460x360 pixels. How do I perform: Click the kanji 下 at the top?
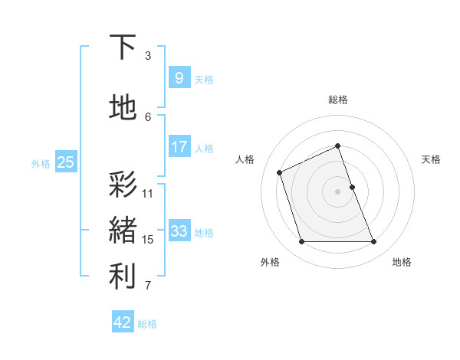pos(123,47)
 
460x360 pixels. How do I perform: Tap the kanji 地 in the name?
pos(123,107)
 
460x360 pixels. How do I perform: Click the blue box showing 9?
pos(179,77)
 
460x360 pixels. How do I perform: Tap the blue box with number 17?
pos(179,146)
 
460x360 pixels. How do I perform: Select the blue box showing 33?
pos(179,231)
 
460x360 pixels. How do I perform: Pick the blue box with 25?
pos(65,162)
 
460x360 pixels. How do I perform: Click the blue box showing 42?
pos(123,322)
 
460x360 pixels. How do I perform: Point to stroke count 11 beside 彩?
pos(148,193)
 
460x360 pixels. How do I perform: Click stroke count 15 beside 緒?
pos(148,240)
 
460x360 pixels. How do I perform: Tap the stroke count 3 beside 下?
pos(148,55)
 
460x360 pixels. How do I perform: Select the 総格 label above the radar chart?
pos(338,100)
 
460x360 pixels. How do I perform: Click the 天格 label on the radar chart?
pos(432,159)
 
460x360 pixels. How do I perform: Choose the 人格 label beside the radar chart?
pos(245,159)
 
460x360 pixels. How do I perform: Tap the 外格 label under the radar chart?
pos(270,262)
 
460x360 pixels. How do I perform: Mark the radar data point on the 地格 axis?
pos(373,242)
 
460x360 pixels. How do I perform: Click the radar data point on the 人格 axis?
pos(280,172)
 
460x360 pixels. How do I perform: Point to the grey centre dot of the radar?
pos(338,191)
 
